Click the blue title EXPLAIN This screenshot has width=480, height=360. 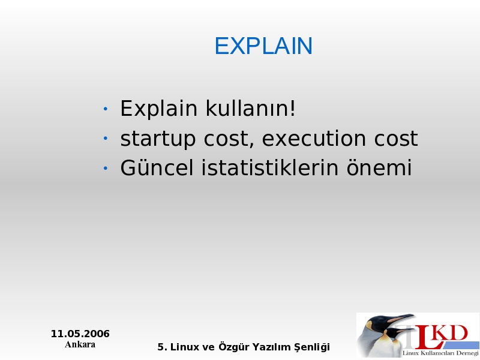[x=263, y=46]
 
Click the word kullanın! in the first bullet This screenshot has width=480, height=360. [x=250, y=108]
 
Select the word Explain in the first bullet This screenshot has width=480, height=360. [x=158, y=109]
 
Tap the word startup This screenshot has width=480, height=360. [x=158, y=139]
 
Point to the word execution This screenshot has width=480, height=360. [x=314, y=139]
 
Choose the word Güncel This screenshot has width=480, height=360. [x=157, y=167]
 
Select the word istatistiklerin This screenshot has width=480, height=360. [x=269, y=167]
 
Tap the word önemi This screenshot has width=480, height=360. [x=379, y=167]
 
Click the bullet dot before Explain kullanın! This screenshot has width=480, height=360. [x=106, y=109]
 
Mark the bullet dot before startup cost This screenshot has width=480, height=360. [x=106, y=139]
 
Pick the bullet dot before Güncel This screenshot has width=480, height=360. [x=106, y=168]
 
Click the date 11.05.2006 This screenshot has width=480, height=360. [x=80, y=334]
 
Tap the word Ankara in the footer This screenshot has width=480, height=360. [x=80, y=344]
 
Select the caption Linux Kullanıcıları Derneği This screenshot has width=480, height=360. [x=440, y=353]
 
